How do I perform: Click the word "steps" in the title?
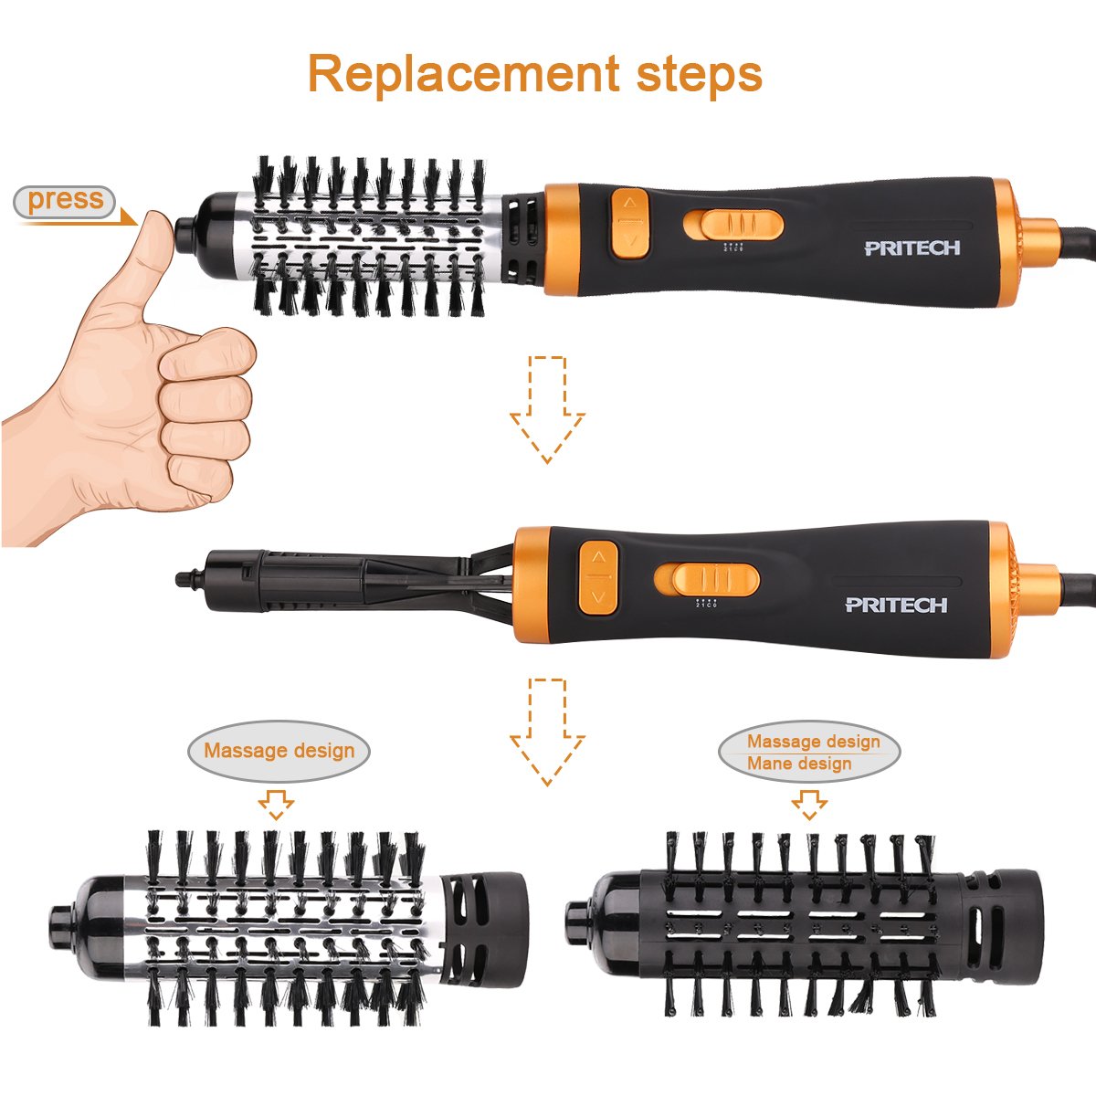[x=694, y=75]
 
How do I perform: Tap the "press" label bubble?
[x=65, y=200]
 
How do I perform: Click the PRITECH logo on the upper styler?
[x=912, y=248]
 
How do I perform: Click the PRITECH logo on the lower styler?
[x=896, y=604]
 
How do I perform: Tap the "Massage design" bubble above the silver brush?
[x=279, y=751]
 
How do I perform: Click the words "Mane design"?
[x=799, y=764]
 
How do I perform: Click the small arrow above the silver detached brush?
[x=276, y=805]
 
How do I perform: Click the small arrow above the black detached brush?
[x=808, y=805]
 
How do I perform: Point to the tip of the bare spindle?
[x=183, y=576]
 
